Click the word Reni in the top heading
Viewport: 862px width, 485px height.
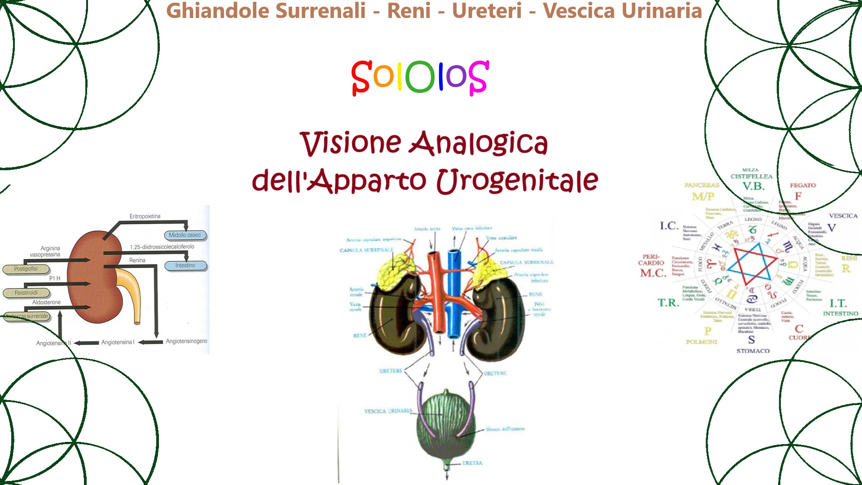click(409, 11)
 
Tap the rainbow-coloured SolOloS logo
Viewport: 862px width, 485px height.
click(420, 77)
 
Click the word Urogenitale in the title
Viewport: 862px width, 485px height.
click(517, 181)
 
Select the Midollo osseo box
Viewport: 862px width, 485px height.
click(185, 235)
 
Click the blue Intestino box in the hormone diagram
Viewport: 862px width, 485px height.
click(185, 266)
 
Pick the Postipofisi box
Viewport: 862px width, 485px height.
click(26, 269)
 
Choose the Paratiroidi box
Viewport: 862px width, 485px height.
click(26, 293)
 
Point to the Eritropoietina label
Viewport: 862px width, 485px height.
click(145, 216)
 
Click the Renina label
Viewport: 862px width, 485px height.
click(137, 260)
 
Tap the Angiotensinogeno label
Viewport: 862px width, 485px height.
click(186, 341)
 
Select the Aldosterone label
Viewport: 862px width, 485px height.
click(46, 303)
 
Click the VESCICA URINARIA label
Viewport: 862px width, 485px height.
click(388, 411)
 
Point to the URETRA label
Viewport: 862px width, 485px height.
click(472, 463)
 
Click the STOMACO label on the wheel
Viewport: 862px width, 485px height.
click(753, 351)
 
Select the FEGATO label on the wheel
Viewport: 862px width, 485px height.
click(803, 185)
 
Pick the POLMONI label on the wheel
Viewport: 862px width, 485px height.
click(702, 342)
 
